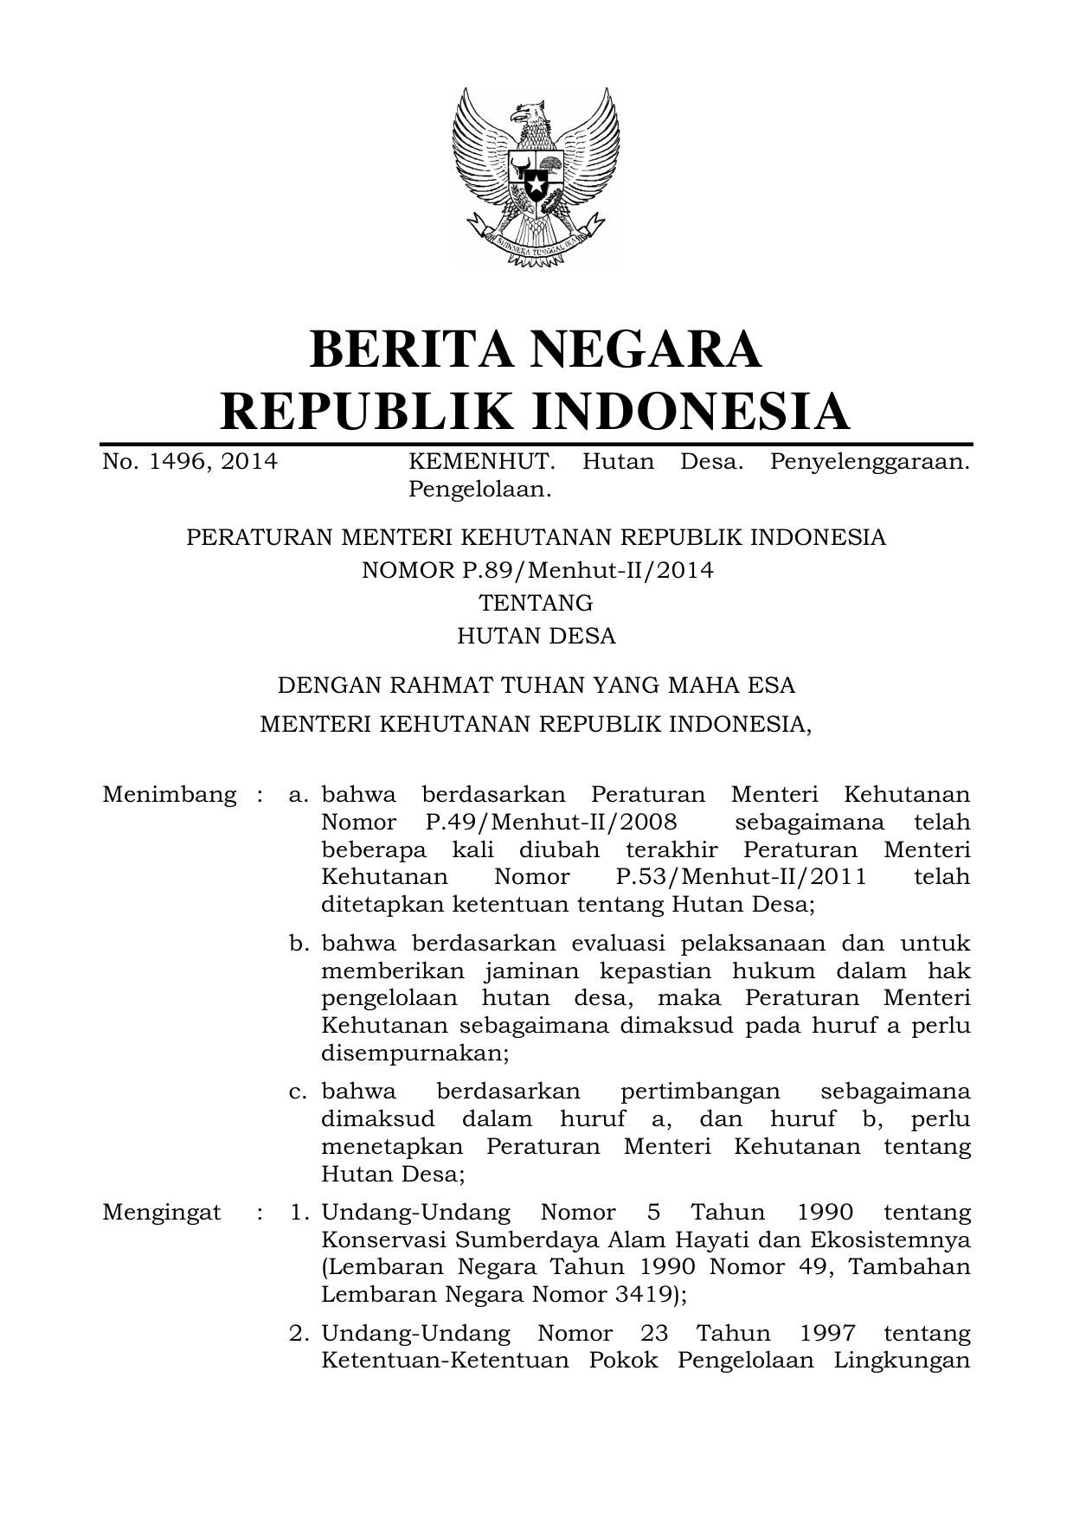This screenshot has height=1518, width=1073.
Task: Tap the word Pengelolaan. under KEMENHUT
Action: [479, 490]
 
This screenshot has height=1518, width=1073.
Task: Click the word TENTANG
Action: [536, 603]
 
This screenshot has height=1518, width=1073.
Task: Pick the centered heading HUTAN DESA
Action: [536, 637]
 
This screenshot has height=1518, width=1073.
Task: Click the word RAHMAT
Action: [436, 686]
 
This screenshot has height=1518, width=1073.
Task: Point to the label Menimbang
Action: [169, 795]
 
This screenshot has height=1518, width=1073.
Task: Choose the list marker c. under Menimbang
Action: [299, 1092]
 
